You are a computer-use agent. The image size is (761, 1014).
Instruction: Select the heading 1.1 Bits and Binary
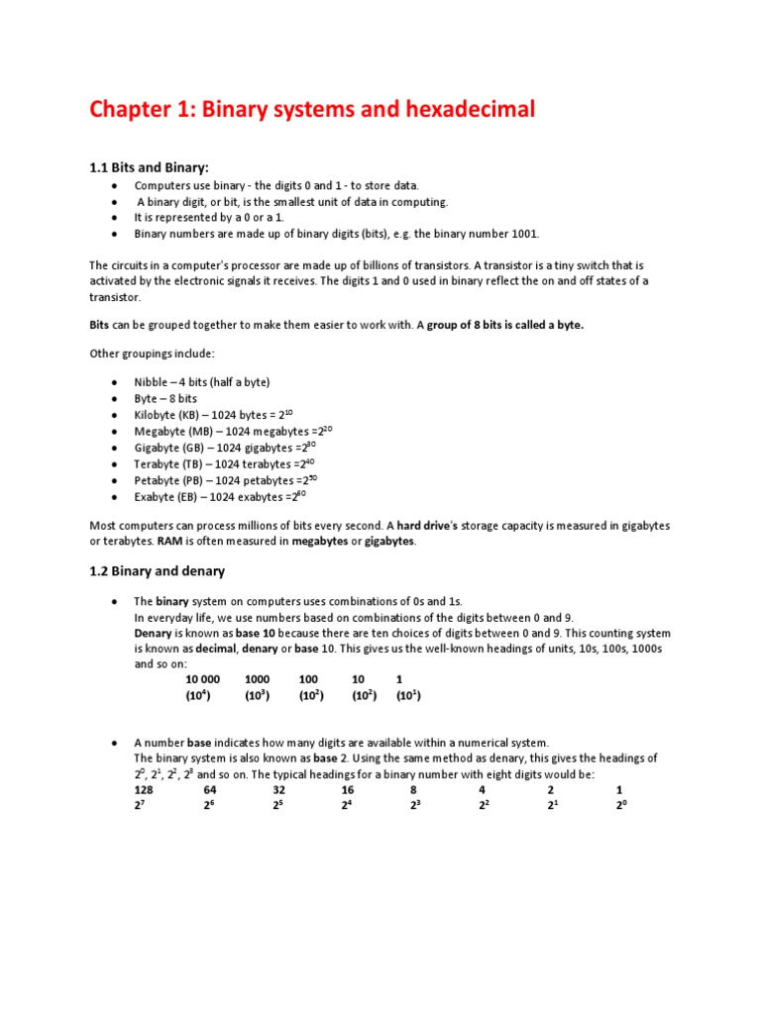click(149, 167)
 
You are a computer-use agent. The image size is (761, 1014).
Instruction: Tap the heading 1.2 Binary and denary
click(158, 570)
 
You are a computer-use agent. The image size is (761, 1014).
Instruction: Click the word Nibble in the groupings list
click(153, 382)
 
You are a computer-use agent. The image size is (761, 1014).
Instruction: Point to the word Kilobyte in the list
click(156, 415)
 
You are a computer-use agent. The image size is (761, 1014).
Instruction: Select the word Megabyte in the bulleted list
click(160, 432)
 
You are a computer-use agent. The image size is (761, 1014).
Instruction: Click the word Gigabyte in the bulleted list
click(158, 448)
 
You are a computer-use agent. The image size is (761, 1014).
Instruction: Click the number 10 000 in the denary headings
click(202, 679)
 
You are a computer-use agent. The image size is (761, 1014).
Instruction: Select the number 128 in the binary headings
click(144, 790)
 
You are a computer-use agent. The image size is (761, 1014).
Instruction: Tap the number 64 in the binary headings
click(210, 790)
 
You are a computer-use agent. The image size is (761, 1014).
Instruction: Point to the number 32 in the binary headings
click(278, 790)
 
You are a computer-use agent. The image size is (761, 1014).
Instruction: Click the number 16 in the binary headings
click(348, 790)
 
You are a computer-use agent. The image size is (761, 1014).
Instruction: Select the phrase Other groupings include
click(151, 354)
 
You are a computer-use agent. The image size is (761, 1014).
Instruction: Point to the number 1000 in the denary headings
click(258, 679)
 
